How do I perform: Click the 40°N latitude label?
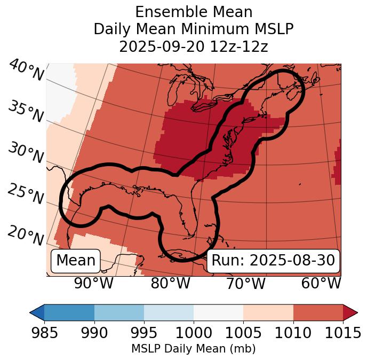[26, 71]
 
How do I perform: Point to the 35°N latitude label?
[25, 112]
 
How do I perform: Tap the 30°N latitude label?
[25, 153]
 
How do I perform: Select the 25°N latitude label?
[25, 194]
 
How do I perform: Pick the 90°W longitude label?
[94, 283]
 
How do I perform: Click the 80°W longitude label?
[170, 283]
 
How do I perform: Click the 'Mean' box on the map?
[76, 261]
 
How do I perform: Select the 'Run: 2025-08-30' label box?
[273, 261]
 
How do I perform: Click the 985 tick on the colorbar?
[44, 333]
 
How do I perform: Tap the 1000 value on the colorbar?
[194, 333]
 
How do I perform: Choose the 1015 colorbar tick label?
[343, 333]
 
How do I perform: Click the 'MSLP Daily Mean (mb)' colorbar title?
[193, 349]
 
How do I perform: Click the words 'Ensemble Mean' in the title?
[193, 12]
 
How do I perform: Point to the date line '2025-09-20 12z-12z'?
[193, 46]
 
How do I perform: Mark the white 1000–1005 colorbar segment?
[218, 312]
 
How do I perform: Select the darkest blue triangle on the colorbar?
[37, 312]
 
